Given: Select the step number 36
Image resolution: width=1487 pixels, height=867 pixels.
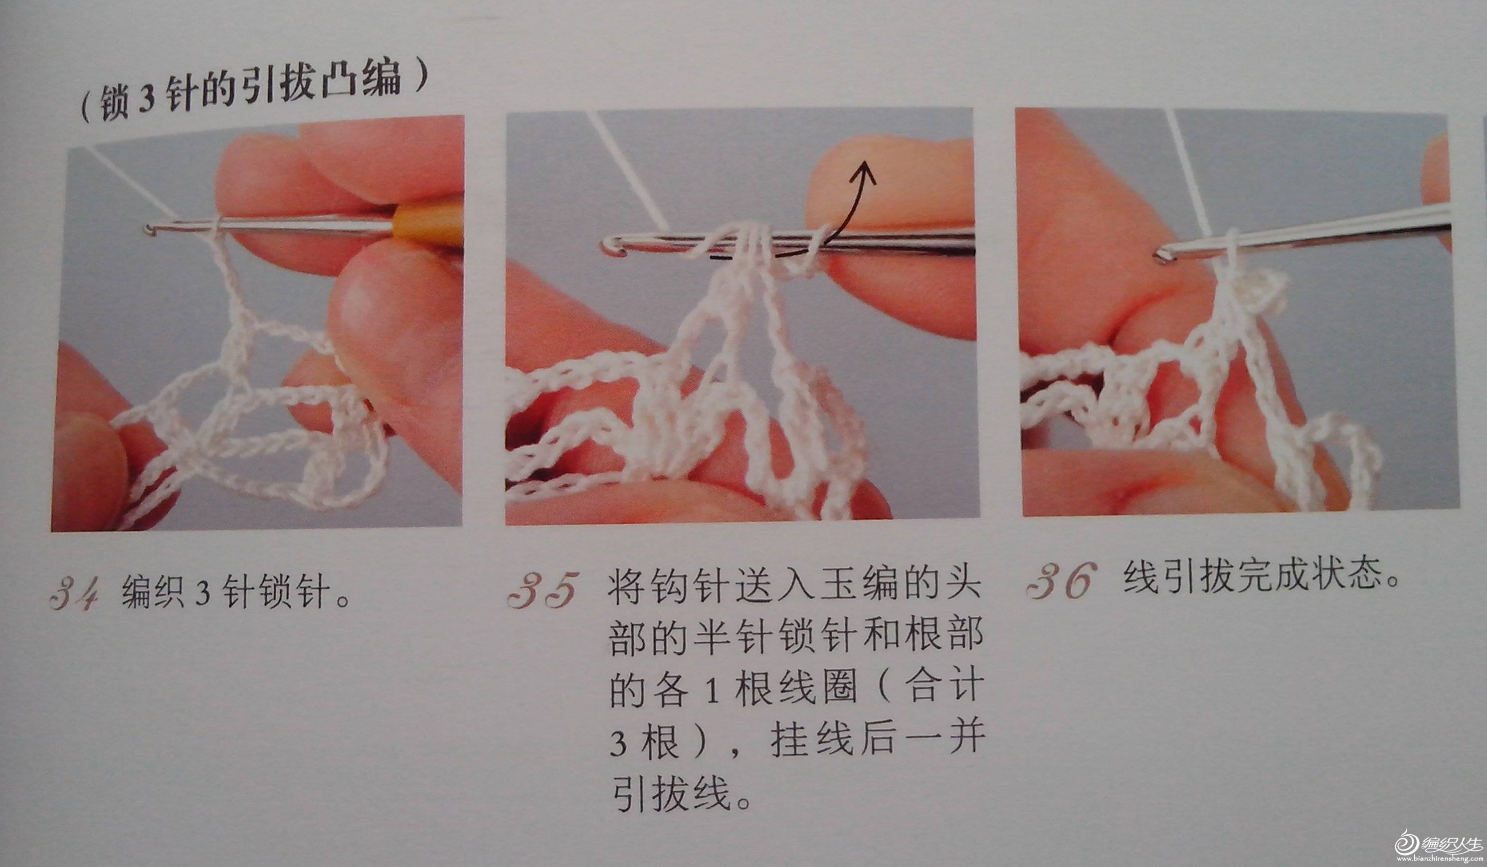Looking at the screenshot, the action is click(1061, 580).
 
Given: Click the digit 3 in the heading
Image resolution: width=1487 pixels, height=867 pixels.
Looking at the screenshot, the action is click(146, 99).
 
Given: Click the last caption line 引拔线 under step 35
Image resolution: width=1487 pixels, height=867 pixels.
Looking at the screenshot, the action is click(681, 793).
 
